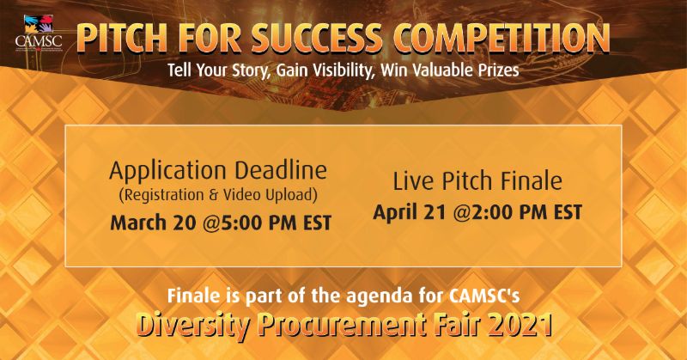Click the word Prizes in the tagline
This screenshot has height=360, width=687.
pos(495,70)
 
